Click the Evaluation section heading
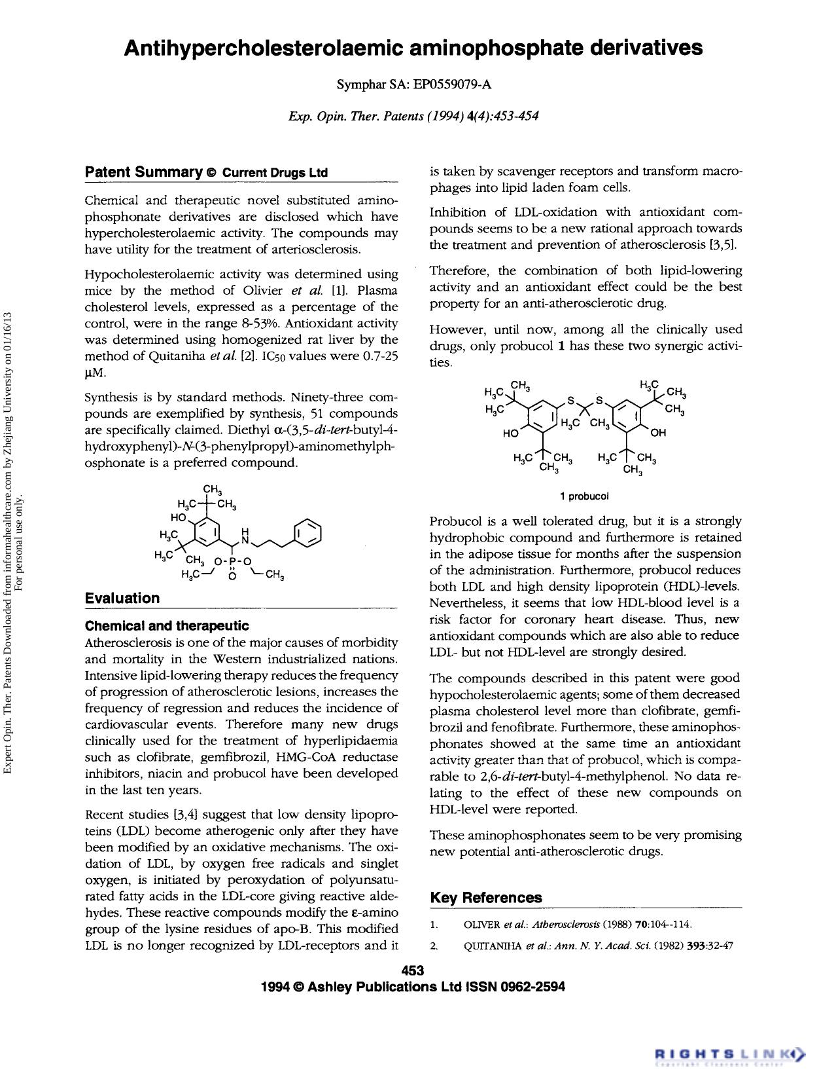tap(122, 598)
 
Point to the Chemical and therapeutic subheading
tap(167, 626)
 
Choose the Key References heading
tap(486, 898)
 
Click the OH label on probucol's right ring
tap(657, 432)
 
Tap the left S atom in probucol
tap(570, 400)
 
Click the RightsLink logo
tap(729, 1054)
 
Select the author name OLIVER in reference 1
tap(481, 925)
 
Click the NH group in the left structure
tap(245, 536)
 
